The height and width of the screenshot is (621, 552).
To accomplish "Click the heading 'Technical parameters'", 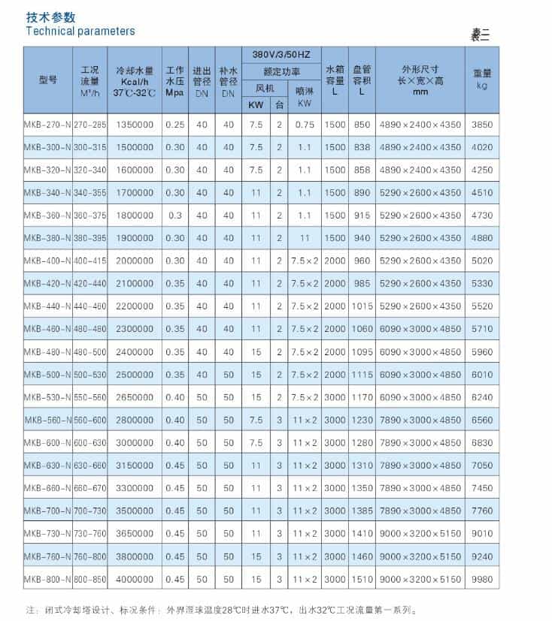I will click(x=80, y=31).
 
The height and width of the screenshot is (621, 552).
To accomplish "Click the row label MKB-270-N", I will click(x=47, y=125).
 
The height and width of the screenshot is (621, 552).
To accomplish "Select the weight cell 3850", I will click(x=482, y=125).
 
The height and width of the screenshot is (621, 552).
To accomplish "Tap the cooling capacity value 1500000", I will click(x=135, y=147).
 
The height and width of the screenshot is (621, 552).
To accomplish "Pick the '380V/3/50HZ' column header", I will click(x=281, y=55).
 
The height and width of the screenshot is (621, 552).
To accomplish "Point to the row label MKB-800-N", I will click(x=47, y=579).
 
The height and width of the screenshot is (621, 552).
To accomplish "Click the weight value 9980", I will click(x=482, y=579).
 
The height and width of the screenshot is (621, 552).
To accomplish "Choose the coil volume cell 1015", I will click(x=362, y=306).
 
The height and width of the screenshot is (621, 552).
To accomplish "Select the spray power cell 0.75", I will click(x=305, y=125).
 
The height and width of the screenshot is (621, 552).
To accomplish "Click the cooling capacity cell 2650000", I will click(x=135, y=397).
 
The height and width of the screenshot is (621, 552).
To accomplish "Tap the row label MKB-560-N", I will click(x=48, y=420).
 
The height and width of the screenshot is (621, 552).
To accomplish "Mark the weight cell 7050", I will click(x=482, y=466).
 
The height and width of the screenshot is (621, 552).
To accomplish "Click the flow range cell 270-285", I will click(x=89, y=125).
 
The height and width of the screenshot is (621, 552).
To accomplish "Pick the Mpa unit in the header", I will click(x=174, y=93).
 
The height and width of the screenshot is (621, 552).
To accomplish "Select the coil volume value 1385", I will click(x=362, y=511).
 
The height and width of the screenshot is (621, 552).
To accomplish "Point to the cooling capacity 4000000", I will click(x=135, y=579).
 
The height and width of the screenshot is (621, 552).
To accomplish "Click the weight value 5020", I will click(x=482, y=261).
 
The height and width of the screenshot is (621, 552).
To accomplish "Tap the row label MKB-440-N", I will click(x=47, y=306).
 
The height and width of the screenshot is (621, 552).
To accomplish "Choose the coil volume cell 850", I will click(x=362, y=125).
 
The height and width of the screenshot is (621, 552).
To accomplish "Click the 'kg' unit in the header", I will click(x=482, y=86).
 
